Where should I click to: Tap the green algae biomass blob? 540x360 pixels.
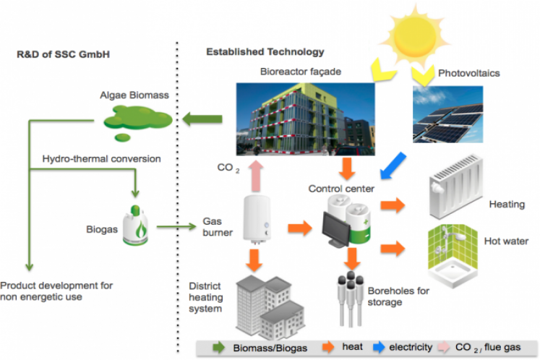coord(137,118)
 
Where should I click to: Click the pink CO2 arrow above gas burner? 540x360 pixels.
coord(254,173)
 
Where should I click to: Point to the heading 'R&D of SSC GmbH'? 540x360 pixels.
coord(57,54)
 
